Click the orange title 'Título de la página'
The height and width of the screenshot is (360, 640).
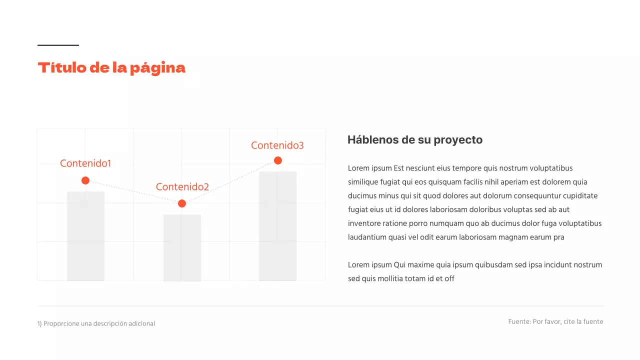(111, 67)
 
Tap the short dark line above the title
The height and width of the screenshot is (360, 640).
(58, 45)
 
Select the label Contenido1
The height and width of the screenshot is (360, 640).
(85, 163)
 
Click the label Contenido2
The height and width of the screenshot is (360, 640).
(182, 187)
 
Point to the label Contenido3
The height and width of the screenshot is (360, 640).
(277, 145)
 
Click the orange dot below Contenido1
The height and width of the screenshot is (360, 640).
(85, 180)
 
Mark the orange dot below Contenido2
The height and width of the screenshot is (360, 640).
(182, 203)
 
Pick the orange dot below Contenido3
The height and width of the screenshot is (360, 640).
(278, 160)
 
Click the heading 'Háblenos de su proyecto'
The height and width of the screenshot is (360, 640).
(414, 140)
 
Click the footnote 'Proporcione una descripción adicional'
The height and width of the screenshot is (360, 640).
(99, 323)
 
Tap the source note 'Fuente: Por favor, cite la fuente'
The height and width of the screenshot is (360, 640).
(555, 321)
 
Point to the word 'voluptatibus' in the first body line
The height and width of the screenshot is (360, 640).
(551, 168)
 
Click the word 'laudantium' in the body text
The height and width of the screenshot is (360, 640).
(366, 237)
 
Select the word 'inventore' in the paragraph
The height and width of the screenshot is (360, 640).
(363, 223)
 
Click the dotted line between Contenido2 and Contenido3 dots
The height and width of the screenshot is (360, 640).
(230, 182)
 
